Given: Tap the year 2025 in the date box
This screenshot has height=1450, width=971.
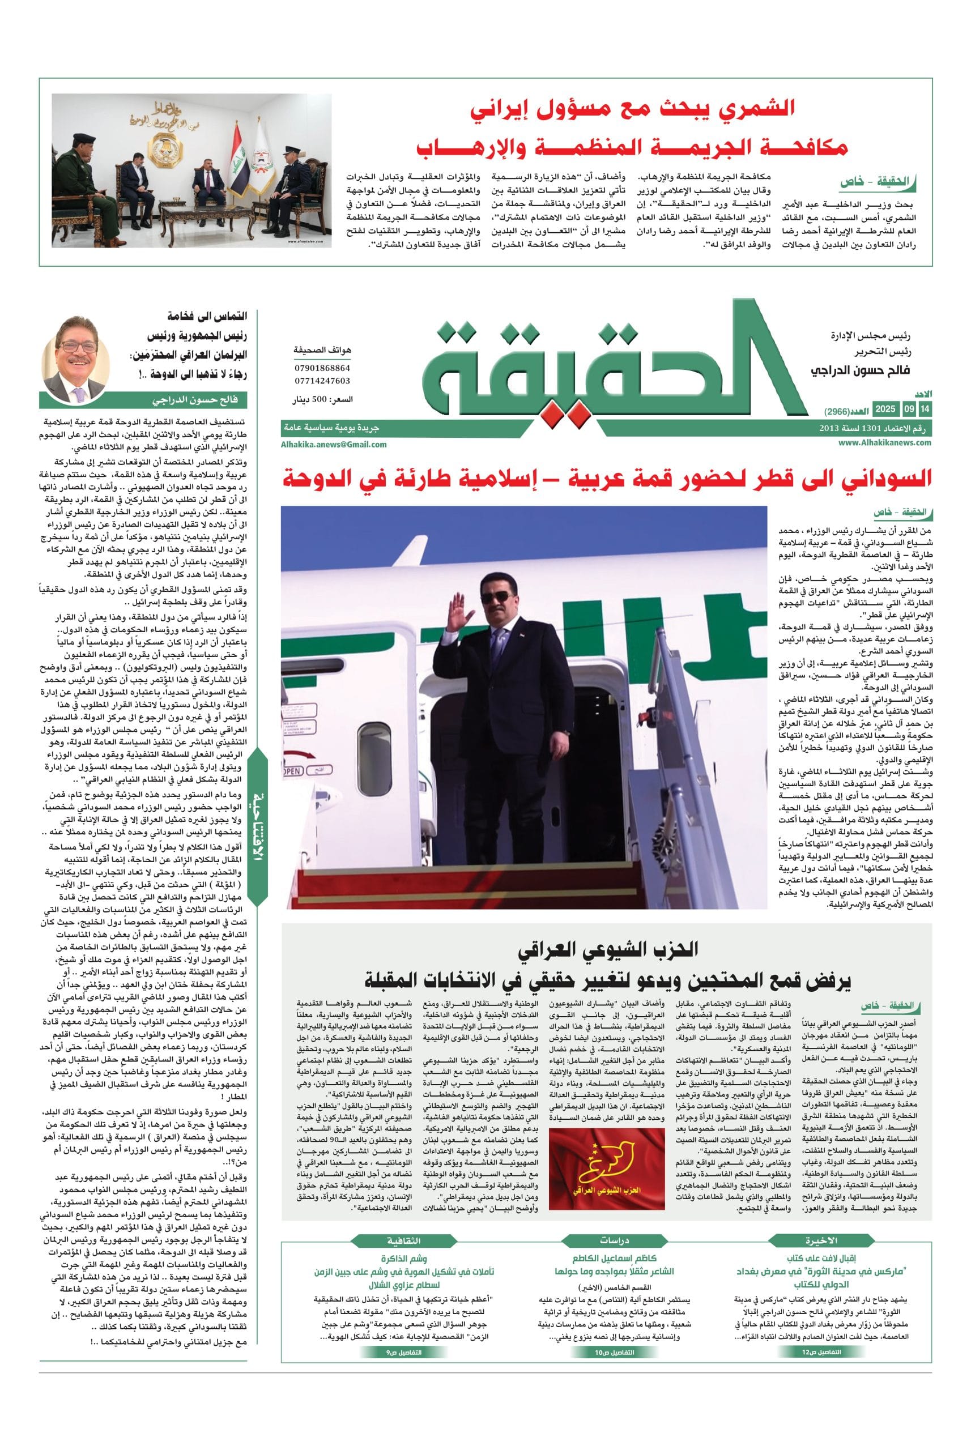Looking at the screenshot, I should tap(885, 408).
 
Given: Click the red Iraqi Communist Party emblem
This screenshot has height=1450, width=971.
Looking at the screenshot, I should tap(598, 1159).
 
